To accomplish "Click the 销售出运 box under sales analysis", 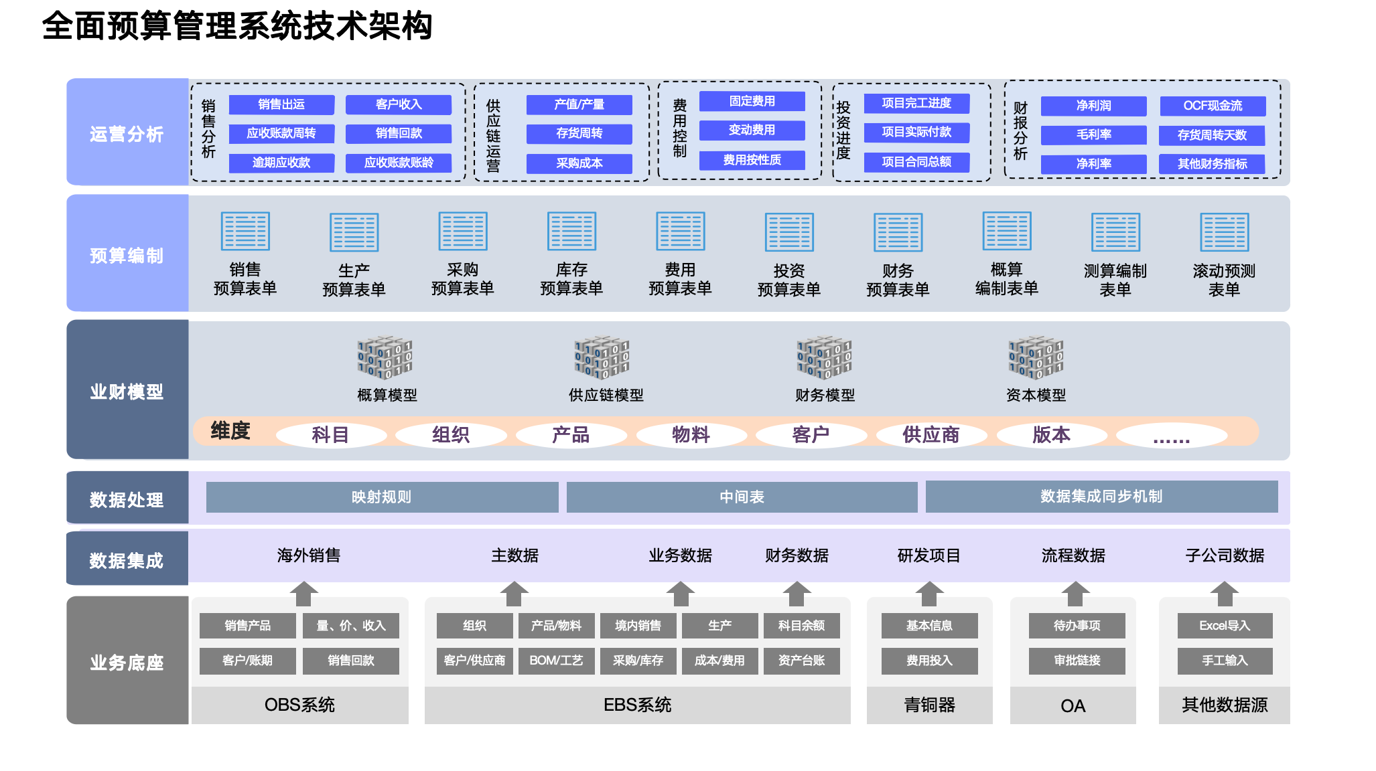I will click(x=281, y=104).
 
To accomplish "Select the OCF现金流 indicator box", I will click(x=1213, y=106).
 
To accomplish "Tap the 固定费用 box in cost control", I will click(x=752, y=101).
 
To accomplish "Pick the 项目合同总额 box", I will click(x=916, y=162).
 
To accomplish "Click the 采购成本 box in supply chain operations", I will click(x=579, y=163).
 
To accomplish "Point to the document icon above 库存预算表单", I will click(x=571, y=232).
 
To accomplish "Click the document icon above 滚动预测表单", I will click(x=1224, y=232).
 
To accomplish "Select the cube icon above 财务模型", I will click(x=824, y=357).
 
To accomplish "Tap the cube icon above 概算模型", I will click(x=385, y=357).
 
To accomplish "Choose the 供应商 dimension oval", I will click(x=931, y=435).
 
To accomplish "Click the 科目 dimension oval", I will click(x=331, y=435).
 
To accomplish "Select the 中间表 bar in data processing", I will click(x=742, y=497).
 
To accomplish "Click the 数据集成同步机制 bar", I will click(x=1101, y=497).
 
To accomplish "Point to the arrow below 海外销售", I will click(x=304, y=593).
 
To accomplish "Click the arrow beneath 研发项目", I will click(x=930, y=593).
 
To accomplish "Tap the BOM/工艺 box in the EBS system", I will click(x=556, y=661).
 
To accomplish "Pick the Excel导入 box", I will click(x=1225, y=626).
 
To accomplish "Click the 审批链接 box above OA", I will click(x=1077, y=661).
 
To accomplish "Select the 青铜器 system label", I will click(x=930, y=705).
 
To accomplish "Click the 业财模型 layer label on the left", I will click(x=127, y=392).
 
